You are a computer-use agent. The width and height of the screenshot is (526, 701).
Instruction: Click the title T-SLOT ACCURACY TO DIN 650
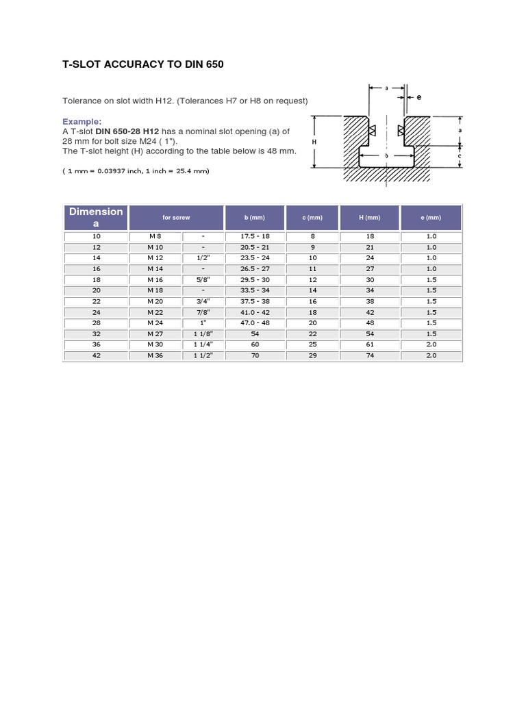coord(143,64)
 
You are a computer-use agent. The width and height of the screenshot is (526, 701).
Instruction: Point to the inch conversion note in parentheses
coord(136,170)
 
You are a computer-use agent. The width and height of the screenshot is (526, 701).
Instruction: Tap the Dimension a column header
coord(96,217)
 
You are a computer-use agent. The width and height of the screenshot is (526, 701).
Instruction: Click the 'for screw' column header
coord(176,217)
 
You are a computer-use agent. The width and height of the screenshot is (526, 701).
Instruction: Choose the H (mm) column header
coord(369,217)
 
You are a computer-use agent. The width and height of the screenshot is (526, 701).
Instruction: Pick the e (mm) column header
coord(430,217)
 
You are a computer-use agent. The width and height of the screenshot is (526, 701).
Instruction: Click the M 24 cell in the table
coord(155,323)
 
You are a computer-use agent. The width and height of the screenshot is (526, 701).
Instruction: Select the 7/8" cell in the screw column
coord(203,312)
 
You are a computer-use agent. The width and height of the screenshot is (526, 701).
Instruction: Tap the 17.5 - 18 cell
coord(255,236)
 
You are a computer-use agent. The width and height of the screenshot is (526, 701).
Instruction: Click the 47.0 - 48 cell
coord(255,323)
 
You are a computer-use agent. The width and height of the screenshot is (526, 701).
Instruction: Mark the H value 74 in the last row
coord(369,356)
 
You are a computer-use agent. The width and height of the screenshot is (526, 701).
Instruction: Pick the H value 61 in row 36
coord(369,345)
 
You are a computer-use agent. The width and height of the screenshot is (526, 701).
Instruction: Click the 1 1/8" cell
coord(203,334)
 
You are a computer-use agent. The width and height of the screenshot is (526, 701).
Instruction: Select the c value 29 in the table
coord(313,356)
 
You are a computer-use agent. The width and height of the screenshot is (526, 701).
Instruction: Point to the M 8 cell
coord(155,236)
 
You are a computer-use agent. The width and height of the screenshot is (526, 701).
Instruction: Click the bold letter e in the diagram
coord(419,97)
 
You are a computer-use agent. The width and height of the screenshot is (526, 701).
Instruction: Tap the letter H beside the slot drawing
coord(314,142)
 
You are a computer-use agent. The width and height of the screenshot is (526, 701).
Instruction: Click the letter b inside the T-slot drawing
coord(387,156)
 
